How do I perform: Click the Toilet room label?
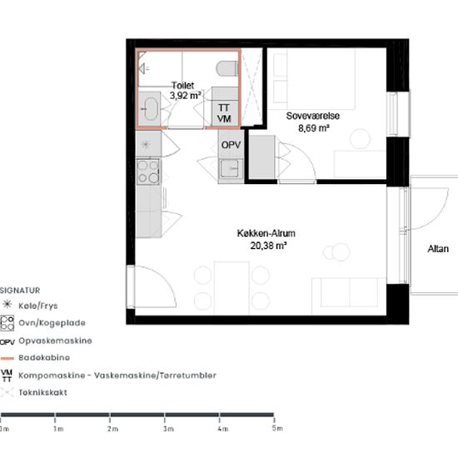(x=183, y=85)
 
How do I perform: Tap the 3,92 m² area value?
(x=185, y=95)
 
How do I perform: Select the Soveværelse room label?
(x=313, y=116)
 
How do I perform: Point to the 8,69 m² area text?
(x=314, y=128)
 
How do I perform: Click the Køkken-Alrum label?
(x=266, y=233)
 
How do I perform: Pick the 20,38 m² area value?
(x=268, y=246)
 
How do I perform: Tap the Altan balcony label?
(x=438, y=249)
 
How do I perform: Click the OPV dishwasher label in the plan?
(x=231, y=145)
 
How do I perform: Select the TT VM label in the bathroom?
(x=224, y=113)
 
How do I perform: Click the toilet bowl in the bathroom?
(x=227, y=68)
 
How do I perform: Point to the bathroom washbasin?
(x=151, y=109)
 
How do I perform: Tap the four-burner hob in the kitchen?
(x=148, y=172)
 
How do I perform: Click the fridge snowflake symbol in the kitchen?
(x=146, y=144)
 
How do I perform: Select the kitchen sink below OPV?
(x=231, y=168)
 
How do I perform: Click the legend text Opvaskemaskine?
(x=55, y=341)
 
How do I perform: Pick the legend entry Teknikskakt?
(x=42, y=392)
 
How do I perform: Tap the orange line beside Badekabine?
(x=7, y=358)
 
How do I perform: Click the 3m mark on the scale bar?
(x=165, y=420)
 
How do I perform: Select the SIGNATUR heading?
(x=20, y=291)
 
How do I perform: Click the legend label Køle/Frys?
(x=38, y=306)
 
